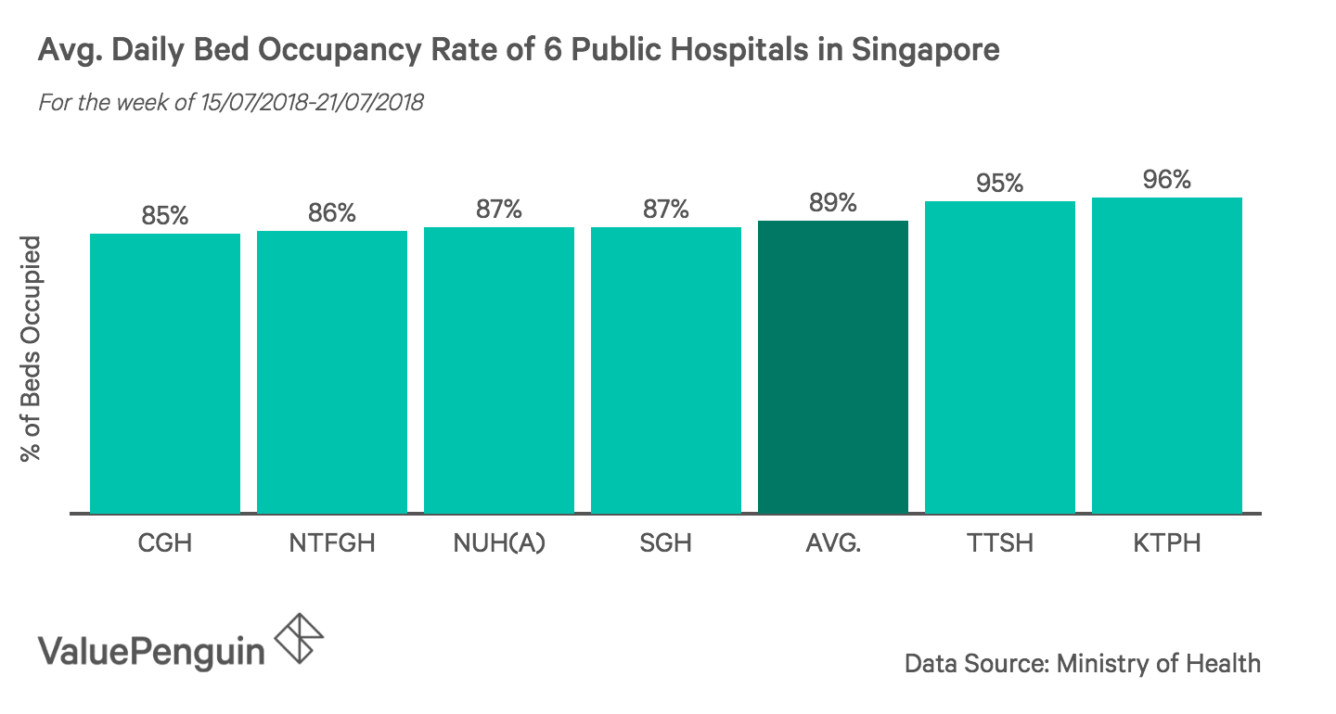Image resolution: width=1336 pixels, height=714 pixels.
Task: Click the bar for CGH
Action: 165,373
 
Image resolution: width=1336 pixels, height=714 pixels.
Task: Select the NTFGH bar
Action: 332,371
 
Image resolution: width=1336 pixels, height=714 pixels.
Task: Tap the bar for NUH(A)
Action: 499,369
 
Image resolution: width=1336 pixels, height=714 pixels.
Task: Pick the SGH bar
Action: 666,369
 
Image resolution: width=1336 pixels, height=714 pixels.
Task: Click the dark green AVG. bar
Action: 833,366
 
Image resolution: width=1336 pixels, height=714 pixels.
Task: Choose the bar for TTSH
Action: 1000,357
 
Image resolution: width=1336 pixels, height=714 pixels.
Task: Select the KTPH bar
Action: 1167,355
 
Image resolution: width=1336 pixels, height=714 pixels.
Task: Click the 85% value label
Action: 165,216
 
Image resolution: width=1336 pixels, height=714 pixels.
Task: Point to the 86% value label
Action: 332,213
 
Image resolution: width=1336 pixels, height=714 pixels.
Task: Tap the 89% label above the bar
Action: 833,203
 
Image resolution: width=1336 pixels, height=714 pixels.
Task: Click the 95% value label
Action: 1000,184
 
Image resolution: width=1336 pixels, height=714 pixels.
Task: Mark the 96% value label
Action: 1167,180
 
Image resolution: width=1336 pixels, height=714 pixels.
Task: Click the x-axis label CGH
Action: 165,542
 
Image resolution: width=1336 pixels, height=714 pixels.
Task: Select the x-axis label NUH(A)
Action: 499,542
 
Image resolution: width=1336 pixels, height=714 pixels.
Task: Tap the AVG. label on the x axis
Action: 833,542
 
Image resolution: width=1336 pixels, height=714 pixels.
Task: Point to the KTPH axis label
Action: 1167,542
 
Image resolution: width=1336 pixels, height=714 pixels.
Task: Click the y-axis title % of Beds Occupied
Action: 32,349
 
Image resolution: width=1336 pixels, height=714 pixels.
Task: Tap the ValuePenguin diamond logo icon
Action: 301,639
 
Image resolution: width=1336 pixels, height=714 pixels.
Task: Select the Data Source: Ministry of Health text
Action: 1083,664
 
